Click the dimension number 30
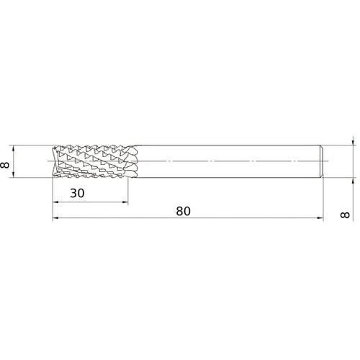click(x=77, y=193)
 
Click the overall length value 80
click(x=184, y=211)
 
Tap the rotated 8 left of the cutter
click(x=5, y=165)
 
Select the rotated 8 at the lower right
click(x=345, y=215)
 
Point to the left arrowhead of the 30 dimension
click(x=55, y=202)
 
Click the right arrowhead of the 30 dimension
click(x=125, y=202)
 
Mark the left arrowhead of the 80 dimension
click(x=55, y=218)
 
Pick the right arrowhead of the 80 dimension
click(x=320, y=218)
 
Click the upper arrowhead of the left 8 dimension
click(x=13, y=148)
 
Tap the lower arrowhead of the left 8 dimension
click(x=13, y=175)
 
